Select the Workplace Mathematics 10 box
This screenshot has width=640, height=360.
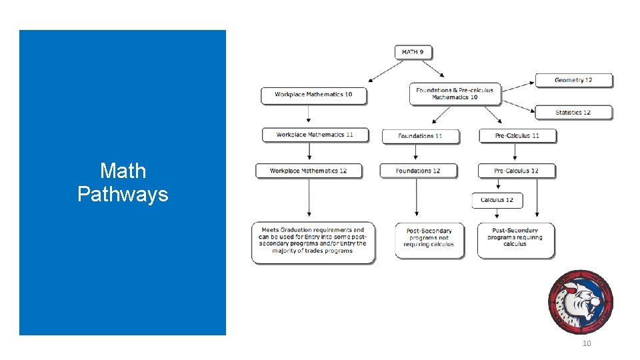pyautogui.click(x=313, y=95)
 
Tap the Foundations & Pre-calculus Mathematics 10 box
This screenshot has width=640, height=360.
pyautogui.click(x=455, y=94)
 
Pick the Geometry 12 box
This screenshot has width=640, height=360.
pyautogui.click(x=573, y=80)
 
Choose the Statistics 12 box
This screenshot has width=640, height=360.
pyautogui.click(x=573, y=112)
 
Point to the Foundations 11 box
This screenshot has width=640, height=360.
pyautogui.click(x=420, y=136)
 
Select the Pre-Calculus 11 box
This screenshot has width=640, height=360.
pyautogui.click(x=517, y=135)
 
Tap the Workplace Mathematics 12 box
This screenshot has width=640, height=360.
pyautogui.click(x=309, y=171)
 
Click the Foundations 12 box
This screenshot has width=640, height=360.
pyautogui.click(x=418, y=171)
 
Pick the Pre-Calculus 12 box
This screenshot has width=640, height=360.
pyautogui.click(x=516, y=171)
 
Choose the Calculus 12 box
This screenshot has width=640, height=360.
pyautogui.click(x=497, y=200)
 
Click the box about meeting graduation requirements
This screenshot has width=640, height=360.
pyautogui.click(x=313, y=241)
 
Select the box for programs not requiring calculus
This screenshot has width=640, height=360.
pyautogui.click(x=429, y=238)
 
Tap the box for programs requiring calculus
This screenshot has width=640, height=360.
pyautogui.click(x=515, y=238)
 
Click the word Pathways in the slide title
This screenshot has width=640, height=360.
pyautogui.click(x=123, y=195)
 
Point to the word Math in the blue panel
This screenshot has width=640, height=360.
pyautogui.click(x=123, y=171)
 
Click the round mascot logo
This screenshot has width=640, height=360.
pyautogui.click(x=579, y=301)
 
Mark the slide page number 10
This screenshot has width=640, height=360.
pyautogui.click(x=587, y=343)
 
